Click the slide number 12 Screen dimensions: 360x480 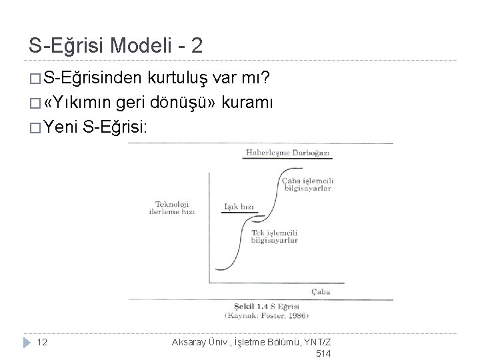41,342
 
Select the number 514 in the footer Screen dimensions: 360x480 322,354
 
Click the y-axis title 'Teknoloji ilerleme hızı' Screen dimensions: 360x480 173,207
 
